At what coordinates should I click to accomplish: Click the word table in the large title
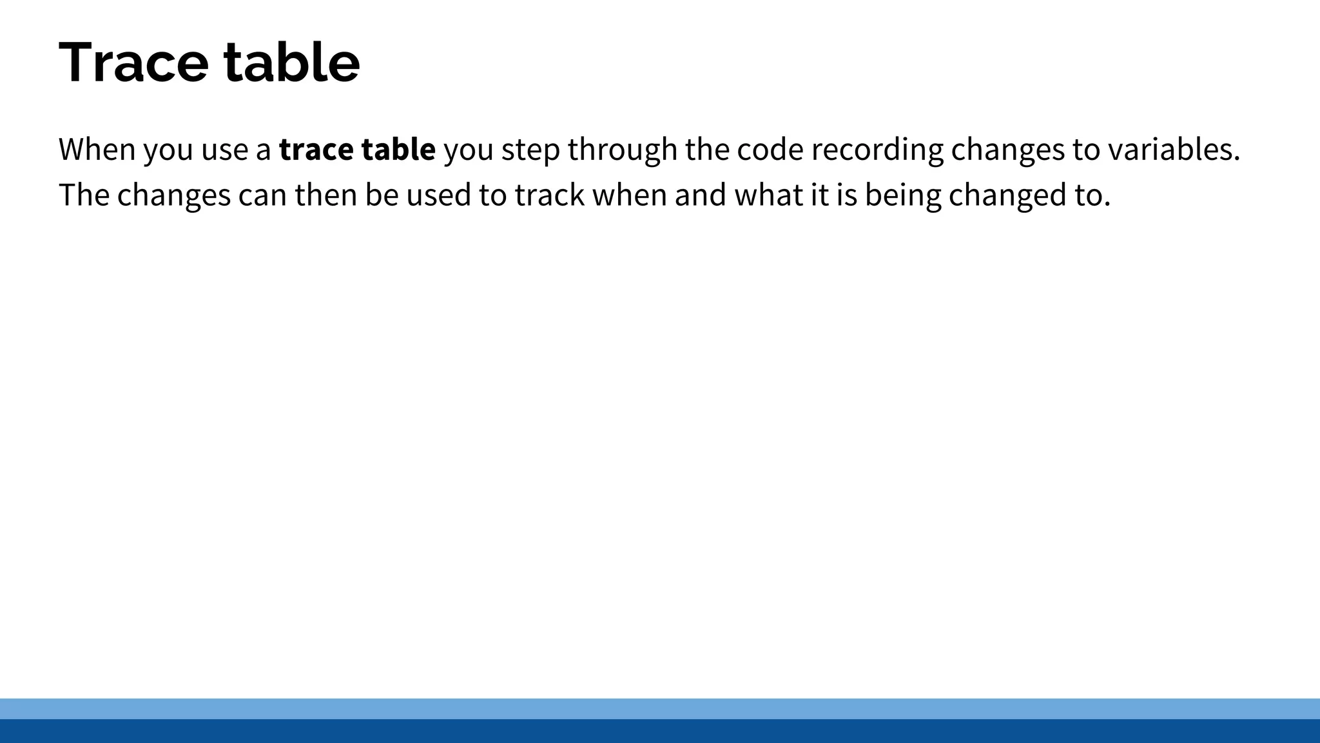(291, 63)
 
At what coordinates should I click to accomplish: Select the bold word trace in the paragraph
(316, 150)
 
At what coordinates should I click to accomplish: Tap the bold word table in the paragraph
(398, 150)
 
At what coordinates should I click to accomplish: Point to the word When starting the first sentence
(97, 150)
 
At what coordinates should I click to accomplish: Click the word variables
(1174, 150)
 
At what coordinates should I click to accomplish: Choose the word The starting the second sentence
(84, 195)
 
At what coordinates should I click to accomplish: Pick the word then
(325, 195)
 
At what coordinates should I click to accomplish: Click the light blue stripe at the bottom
(660, 708)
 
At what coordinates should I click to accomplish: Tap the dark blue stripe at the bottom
(660, 731)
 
